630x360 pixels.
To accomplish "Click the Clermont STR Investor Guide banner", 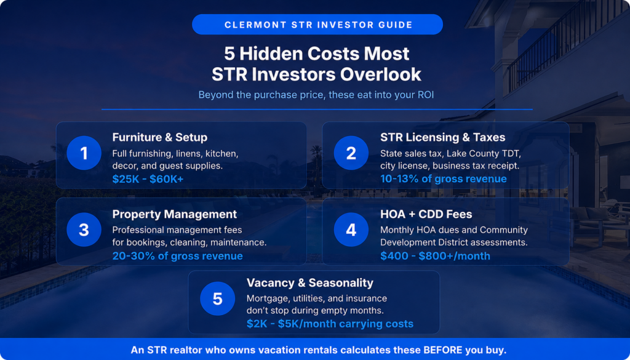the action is (x=317, y=25).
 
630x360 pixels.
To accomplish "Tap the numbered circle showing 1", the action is (x=84, y=153).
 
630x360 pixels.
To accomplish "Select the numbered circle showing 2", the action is (x=351, y=153).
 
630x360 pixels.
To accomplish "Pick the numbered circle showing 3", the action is (x=84, y=230).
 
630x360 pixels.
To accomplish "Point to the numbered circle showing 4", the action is (x=351, y=230).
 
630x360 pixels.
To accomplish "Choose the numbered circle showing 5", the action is (x=217, y=298).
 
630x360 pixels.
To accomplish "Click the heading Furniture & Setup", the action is (x=160, y=137).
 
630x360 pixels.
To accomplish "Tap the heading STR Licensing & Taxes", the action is (x=443, y=137).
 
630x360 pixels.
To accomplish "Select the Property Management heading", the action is (x=174, y=214).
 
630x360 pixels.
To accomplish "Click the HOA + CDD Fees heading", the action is (x=426, y=214).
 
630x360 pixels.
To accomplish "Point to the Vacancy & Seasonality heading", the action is (x=310, y=283).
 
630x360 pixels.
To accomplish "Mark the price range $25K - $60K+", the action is (x=148, y=179).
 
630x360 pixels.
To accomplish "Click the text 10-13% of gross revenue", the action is (x=444, y=179).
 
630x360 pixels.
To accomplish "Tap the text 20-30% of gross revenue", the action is (x=177, y=256).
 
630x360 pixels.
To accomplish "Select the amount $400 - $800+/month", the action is (x=435, y=256).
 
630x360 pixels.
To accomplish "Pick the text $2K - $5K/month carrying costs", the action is (x=330, y=324).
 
